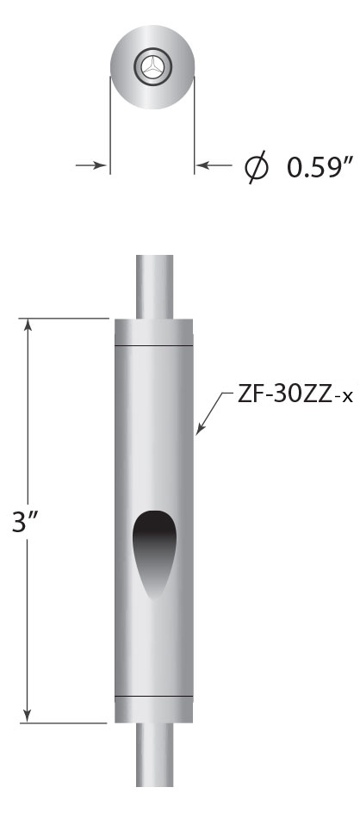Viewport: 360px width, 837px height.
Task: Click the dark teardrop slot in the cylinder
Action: point(153,552)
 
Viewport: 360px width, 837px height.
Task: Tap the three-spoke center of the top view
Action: point(152,66)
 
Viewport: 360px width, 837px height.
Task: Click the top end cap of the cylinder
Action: point(154,332)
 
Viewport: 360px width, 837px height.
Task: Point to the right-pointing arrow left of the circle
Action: point(96,164)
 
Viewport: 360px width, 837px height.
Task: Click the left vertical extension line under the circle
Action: point(110,129)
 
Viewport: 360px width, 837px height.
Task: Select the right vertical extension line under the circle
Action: point(195,129)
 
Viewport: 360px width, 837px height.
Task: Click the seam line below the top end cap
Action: point(154,346)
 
